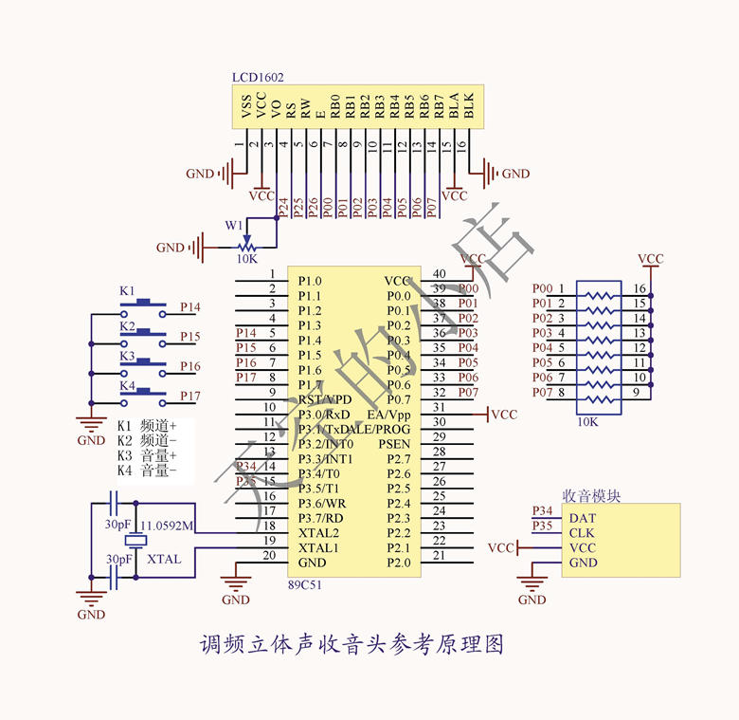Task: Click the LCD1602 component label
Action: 258,77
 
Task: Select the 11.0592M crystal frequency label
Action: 168,525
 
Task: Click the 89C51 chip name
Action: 305,584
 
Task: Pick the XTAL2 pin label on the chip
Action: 318,533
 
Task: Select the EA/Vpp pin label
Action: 389,415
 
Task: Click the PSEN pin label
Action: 394,444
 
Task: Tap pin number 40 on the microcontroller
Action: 439,274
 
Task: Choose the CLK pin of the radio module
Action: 582,533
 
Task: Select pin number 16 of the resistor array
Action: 640,288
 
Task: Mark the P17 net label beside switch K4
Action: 190,396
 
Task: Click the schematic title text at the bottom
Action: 351,645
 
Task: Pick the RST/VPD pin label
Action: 324,399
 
